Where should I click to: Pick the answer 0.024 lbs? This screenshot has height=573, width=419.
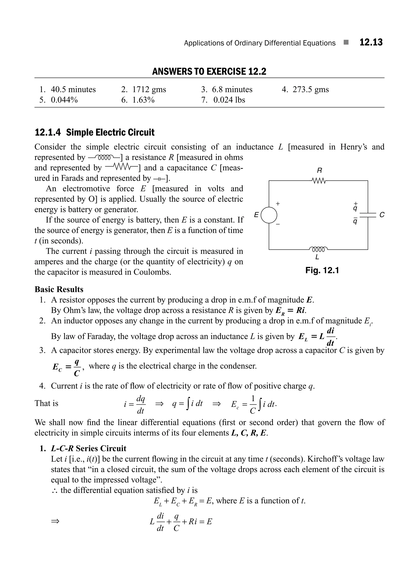(229, 100)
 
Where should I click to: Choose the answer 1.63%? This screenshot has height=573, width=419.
(143, 100)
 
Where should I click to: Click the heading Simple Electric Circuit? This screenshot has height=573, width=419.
(110, 132)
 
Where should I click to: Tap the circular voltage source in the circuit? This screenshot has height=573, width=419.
(269, 215)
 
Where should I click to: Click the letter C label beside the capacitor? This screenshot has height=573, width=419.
(382, 215)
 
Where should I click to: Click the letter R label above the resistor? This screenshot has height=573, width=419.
(319, 170)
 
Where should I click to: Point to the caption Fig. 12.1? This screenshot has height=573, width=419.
(322, 270)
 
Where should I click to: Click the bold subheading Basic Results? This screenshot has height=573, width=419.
(59, 289)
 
